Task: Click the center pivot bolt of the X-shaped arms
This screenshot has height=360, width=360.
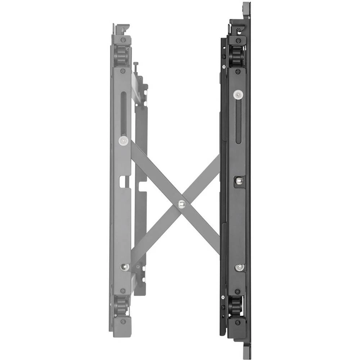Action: [x=182, y=204]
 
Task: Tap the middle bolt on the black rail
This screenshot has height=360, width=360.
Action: [x=238, y=181]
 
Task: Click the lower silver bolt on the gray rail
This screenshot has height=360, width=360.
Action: [x=125, y=267]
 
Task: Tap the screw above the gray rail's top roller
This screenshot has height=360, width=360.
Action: [x=123, y=40]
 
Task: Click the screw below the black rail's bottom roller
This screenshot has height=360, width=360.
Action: [x=237, y=323]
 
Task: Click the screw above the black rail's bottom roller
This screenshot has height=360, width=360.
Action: [x=237, y=291]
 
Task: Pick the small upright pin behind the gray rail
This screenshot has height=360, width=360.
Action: [x=135, y=67]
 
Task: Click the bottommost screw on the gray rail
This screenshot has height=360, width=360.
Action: [x=123, y=321]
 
